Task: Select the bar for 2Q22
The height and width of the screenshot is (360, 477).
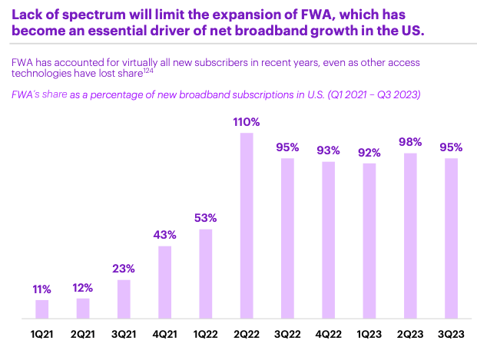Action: tap(247, 226)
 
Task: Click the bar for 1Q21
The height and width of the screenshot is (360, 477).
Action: tap(41, 309)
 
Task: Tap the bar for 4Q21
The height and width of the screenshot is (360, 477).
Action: tap(164, 282)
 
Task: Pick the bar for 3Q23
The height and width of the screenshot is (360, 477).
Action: tap(452, 238)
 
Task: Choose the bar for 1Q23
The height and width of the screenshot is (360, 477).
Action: tap(369, 240)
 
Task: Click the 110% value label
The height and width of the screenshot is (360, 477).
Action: tap(247, 122)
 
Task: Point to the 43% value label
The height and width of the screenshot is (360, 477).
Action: tap(164, 234)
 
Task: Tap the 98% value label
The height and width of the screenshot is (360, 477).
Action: tap(410, 142)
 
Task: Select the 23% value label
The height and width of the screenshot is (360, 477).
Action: tap(124, 269)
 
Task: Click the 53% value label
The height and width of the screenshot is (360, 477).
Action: tap(206, 217)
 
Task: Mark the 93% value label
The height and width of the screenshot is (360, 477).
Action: tap(329, 150)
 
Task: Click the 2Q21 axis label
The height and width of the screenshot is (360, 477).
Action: tap(83, 335)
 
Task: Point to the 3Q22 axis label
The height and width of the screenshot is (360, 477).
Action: tap(287, 335)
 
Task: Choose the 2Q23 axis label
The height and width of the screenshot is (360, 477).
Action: tap(410, 335)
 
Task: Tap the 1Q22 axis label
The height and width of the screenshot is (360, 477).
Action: tap(206, 335)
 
